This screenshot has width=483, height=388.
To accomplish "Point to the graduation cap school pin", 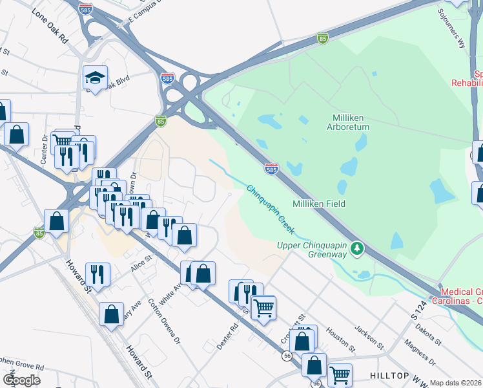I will pos(95,79).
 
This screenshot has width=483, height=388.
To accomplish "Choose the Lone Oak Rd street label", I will pos(49,27).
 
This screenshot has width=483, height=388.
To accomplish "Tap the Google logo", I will pos(21,380).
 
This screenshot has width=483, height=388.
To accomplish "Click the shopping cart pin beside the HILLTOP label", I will pos(340,374).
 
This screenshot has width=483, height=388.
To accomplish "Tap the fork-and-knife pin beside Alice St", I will pos(97,274).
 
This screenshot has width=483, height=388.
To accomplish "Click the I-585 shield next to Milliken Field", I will pos(272,169).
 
